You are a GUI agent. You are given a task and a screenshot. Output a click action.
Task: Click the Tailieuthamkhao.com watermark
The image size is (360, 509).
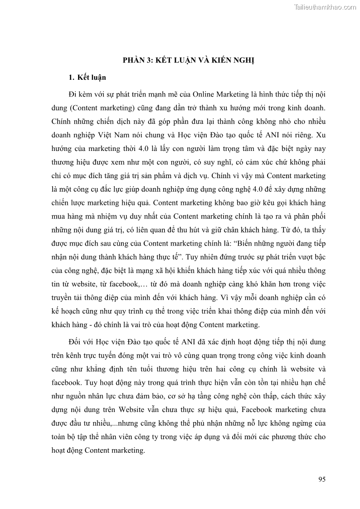tap(325, 7)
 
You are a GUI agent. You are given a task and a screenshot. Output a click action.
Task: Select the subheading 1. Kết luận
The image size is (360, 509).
tap(87, 78)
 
